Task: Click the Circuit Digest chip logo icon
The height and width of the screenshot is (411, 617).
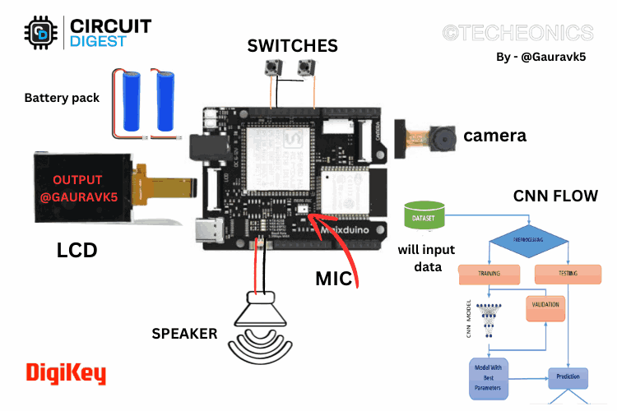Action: (40, 32)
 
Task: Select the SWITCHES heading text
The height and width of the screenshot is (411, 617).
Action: (292, 45)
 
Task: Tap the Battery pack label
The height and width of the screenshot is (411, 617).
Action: (62, 98)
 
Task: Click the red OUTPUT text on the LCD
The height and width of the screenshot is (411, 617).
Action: (78, 180)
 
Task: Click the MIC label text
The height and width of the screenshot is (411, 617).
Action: (334, 279)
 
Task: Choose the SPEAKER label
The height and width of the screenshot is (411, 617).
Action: (184, 333)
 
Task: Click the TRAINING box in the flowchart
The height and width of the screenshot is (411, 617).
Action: (489, 273)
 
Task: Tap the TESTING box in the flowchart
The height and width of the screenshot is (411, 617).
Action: (568, 273)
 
